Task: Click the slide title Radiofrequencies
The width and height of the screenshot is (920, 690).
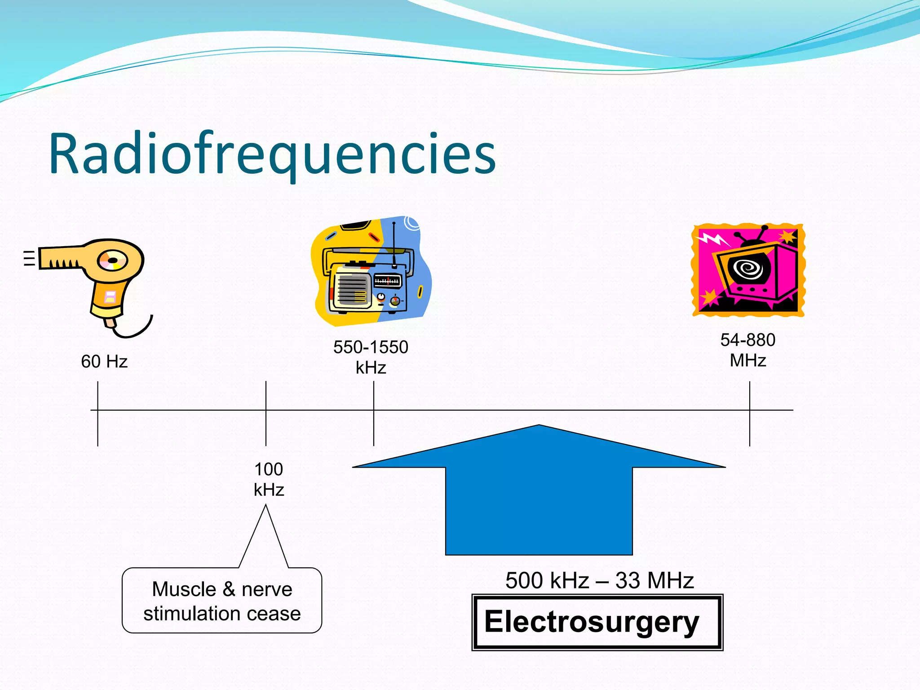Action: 272,154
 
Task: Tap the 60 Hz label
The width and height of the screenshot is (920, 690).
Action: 104,362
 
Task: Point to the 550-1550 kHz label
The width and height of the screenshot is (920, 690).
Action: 371,357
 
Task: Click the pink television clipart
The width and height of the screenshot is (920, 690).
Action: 748,270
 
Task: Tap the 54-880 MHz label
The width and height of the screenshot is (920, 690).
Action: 748,350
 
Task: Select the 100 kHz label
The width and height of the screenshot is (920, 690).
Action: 269,479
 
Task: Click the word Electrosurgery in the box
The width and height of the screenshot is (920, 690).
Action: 592,622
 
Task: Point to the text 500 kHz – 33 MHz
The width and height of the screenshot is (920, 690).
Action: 599,580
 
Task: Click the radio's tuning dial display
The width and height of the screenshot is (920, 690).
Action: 387,281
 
